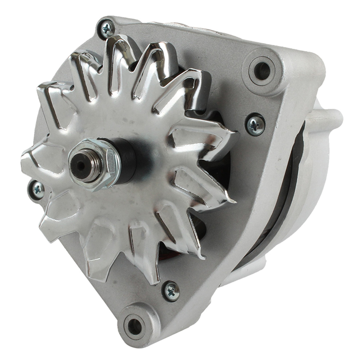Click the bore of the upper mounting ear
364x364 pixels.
262,69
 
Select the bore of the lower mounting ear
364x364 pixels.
136,324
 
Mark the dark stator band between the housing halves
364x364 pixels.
287,199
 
